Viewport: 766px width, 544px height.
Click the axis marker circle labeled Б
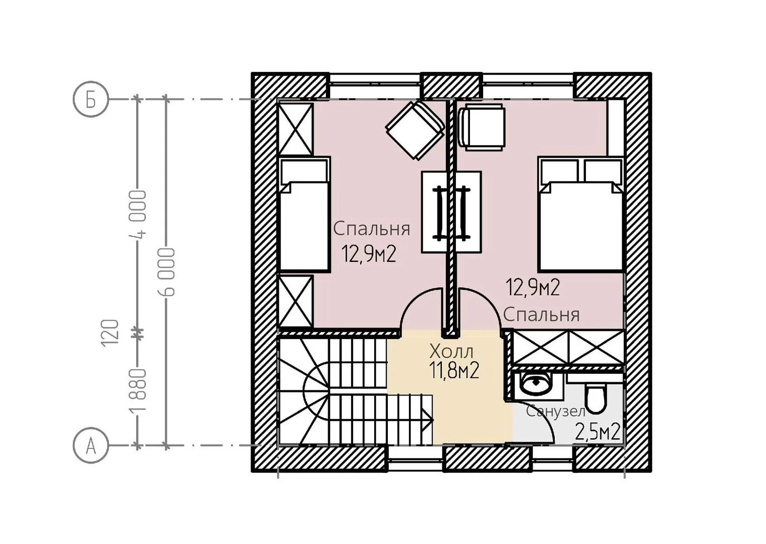[91, 100]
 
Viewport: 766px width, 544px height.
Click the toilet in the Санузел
[596, 395]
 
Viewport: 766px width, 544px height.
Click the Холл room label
[451, 352]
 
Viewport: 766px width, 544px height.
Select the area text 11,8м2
[454, 371]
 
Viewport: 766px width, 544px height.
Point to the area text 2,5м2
[598, 432]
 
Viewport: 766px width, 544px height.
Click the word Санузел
[556, 412]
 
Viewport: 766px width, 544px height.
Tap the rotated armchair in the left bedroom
[415, 130]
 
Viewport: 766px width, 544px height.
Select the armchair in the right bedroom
[482, 127]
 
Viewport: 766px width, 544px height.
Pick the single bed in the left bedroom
[305, 215]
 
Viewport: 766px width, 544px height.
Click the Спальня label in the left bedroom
[371, 229]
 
